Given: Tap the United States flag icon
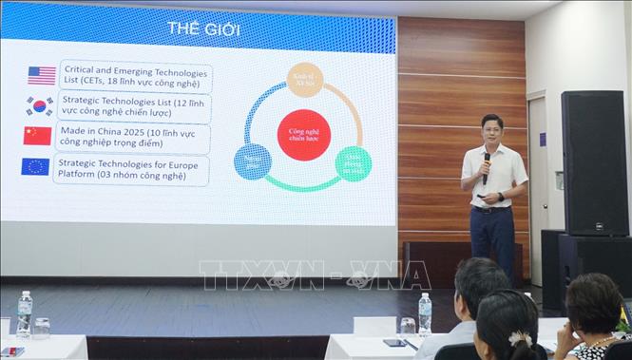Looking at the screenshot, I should pos(41,75).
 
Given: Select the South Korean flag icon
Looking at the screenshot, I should pos(40,105).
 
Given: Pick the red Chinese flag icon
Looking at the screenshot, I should pos(38,136).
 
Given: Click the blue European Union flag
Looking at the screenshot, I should pos(35,167).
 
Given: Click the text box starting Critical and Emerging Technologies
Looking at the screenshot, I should pos(135,75).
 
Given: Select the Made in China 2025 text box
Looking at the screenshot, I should pos(133,137).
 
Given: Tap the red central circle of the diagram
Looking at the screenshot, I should pos(303,134).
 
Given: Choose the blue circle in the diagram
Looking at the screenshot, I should pos(253,162).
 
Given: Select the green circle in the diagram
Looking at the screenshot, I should pos(353,163).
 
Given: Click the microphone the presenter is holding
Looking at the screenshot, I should pos(487,166).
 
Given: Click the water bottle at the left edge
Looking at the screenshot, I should pos(24,315).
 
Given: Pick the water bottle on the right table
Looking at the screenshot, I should pos(425,313).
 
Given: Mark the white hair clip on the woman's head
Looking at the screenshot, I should pos(520,338).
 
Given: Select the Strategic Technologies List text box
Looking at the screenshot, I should pos(134,105).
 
